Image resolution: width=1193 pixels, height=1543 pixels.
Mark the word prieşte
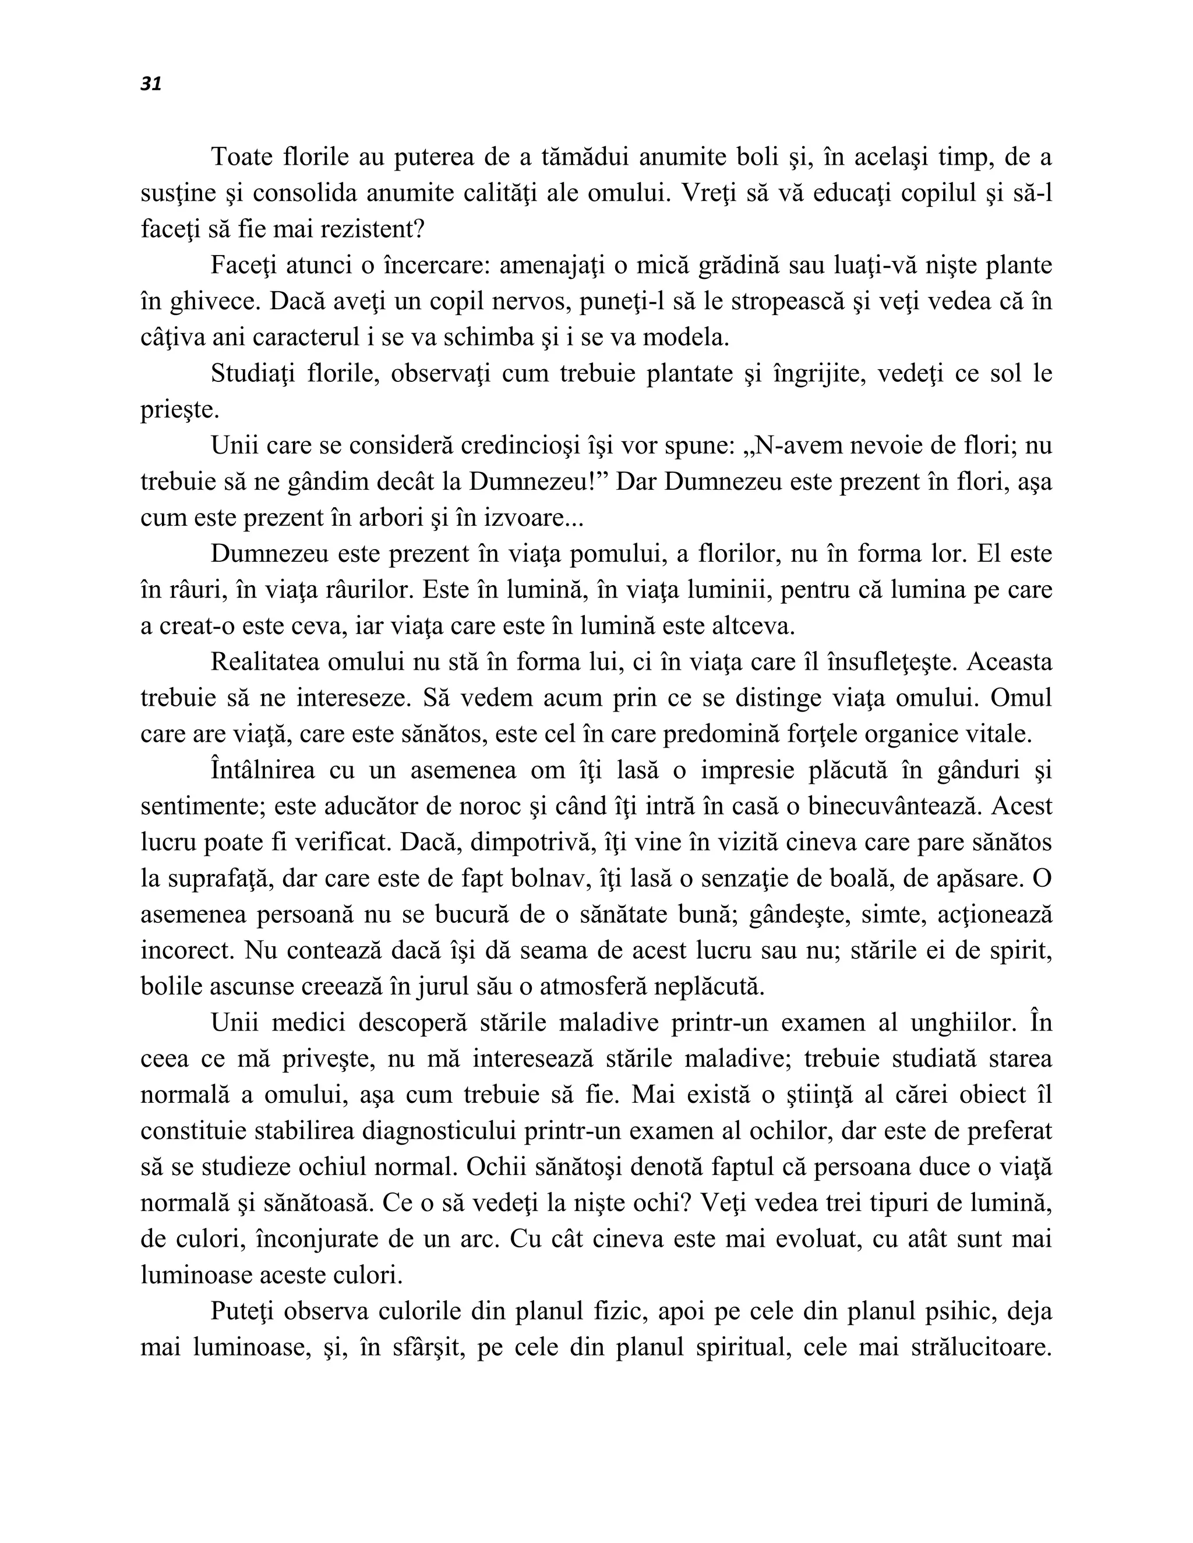point(179,410)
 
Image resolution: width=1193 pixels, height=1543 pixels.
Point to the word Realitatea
point(265,662)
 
